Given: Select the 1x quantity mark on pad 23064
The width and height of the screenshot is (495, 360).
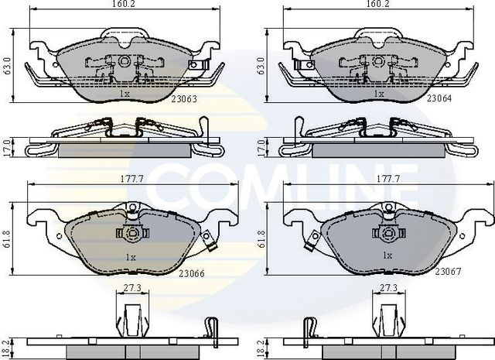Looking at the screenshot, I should [x=379, y=94].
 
